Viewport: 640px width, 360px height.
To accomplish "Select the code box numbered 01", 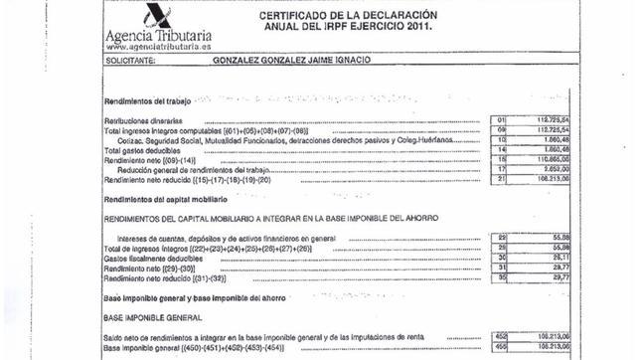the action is [501, 121].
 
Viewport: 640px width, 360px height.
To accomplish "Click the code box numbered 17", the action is [501, 169].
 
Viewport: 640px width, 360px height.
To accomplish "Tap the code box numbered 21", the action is [501, 179].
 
